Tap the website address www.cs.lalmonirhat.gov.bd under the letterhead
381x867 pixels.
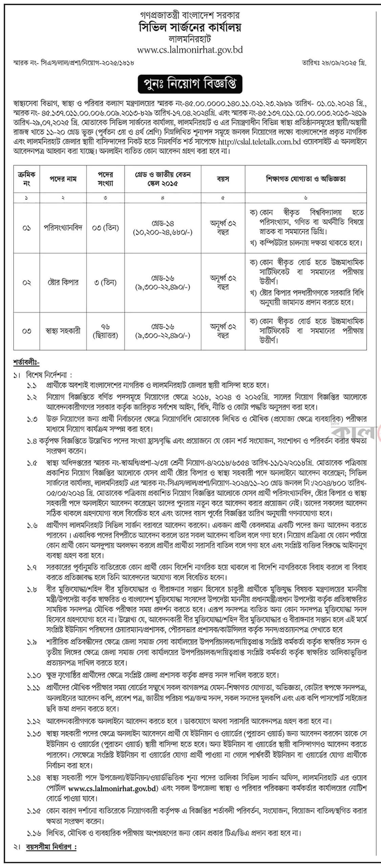[190, 50]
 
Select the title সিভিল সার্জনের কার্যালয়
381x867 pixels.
[190, 27]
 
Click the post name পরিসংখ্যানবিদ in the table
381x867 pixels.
[63, 228]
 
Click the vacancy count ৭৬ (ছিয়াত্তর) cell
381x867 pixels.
[105, 331]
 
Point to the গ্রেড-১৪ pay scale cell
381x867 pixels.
[163, 228]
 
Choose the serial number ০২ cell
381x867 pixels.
[27, 282]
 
